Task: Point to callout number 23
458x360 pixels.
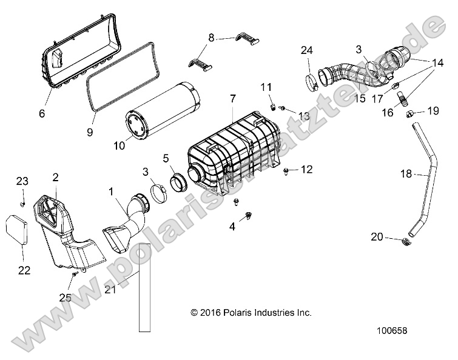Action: click(x=22, y=181)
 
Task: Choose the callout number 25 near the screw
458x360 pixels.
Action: click(x=65, y=297)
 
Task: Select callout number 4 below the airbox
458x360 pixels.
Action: click(x=231, y=227)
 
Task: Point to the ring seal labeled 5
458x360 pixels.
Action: click(x=180, y=181)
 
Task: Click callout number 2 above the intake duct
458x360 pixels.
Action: click(x=55, y=177)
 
